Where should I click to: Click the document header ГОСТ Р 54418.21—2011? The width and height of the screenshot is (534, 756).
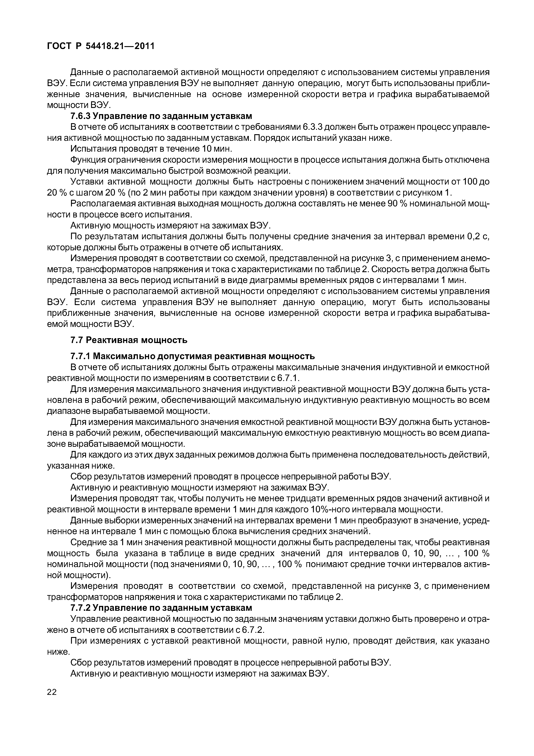[x=101, y=46]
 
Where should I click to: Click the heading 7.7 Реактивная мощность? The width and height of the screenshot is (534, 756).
[x=129, y=340]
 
